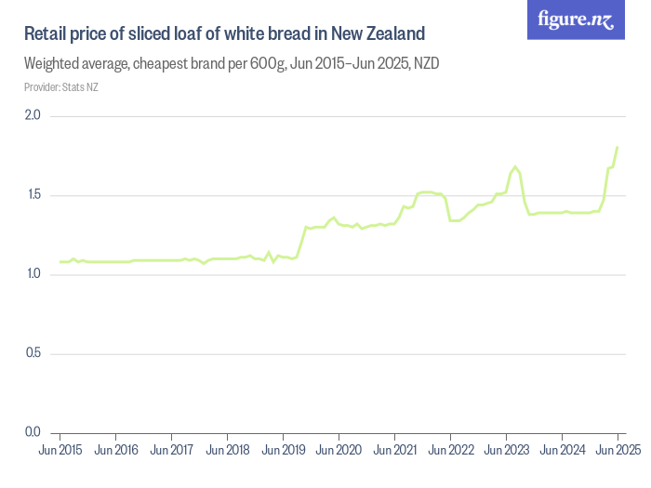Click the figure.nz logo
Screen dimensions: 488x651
point(577,20)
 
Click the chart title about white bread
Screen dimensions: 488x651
point(224,34)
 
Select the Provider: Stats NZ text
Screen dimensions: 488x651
point(61,87)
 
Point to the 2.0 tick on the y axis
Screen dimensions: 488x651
point(33,116)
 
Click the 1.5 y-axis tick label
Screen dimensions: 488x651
point(33,195)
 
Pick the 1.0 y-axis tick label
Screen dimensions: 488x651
point(33,274)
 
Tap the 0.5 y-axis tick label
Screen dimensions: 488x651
point(33,353)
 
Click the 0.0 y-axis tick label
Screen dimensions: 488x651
point(33,432)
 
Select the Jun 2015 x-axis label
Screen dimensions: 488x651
point(60,451)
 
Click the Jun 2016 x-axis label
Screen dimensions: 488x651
point(115,451)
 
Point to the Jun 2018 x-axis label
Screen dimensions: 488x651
point(227,451)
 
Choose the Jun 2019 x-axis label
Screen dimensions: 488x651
point(283,451)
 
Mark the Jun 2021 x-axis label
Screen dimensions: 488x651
point(394,451)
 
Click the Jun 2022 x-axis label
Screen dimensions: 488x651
point(450,451)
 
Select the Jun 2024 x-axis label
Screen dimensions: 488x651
point(562,451)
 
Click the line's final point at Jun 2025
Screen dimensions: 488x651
point(618,147)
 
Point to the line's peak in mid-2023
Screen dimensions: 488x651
point(515,166)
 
